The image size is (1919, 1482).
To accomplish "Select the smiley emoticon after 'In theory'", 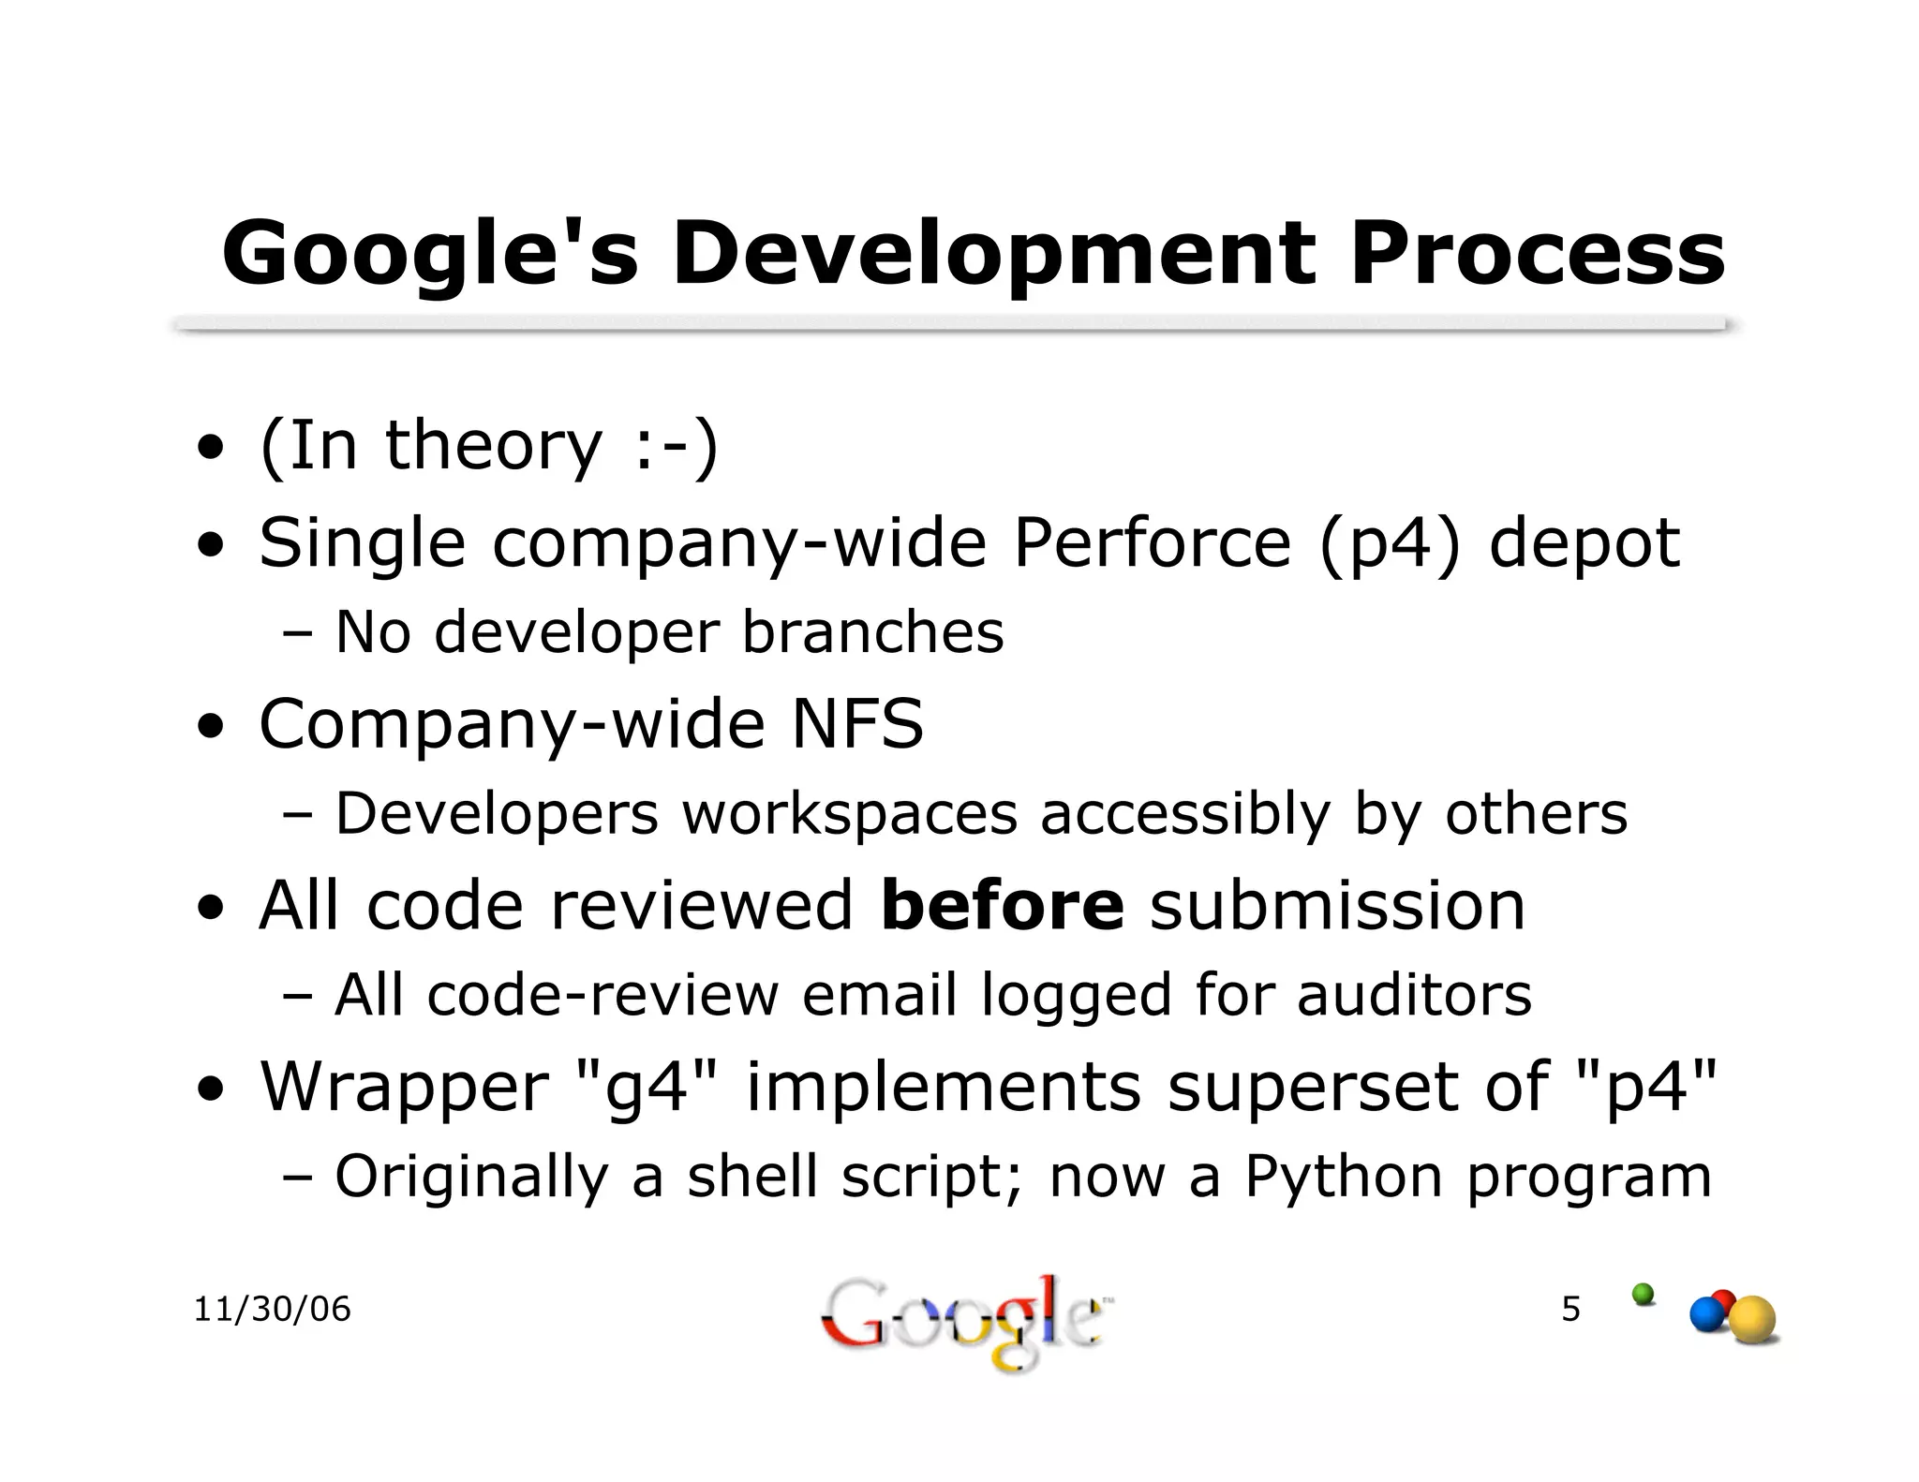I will pyautogui.click(x=674, y=447).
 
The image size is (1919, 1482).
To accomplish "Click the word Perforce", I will pyautogui.click(x=1153, y=542).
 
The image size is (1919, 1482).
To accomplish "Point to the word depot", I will pyautogui.click(x=1584, y=544).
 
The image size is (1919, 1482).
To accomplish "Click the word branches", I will pyautogui.click(x=872, y=631).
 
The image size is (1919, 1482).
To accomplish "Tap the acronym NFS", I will pyautogui.click(x=857, y=724).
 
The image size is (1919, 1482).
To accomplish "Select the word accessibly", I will pyautogui.click(x=1185, y=814).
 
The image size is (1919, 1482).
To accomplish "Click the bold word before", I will pyautogui.click(x=1002, y=906).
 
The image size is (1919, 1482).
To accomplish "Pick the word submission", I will pyautogui.click(x=1337, y=906).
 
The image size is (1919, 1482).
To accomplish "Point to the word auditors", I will pyautogui.click(x=1414, y=995).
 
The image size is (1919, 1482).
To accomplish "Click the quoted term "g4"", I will pyautogui.click(x=641, y=1087).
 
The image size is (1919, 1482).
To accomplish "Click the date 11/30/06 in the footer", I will pyautogui.click(x=272, y=1309).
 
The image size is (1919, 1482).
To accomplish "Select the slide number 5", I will pyautogui.click(x=1570, y=1309).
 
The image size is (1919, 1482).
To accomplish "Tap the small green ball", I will pyautogui.click(x=1643, y=1295).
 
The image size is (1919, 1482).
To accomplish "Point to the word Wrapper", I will pyautogui.click(x=404, y=1087).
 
